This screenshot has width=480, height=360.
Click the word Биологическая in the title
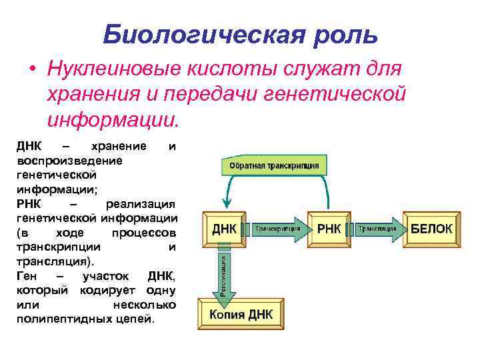click(x=193, y=33)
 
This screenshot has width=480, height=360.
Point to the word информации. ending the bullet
click(x=113, y=121)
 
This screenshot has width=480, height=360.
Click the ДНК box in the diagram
click(x=224, y=229)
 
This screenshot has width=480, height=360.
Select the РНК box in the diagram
click(x=329, y=229)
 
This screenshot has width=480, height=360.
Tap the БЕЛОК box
click(x=431, y=229)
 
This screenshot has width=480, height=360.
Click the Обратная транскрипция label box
click(x=274, y=165)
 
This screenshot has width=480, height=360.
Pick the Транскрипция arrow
click(x=276, y=228)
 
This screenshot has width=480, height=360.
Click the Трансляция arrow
click(x=379, y=228)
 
